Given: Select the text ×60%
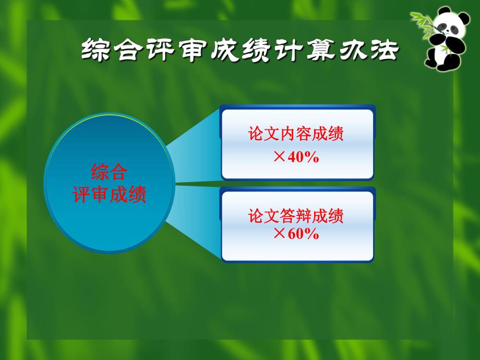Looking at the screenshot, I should click(296, 234).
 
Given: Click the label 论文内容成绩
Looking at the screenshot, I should click(296, 135).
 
